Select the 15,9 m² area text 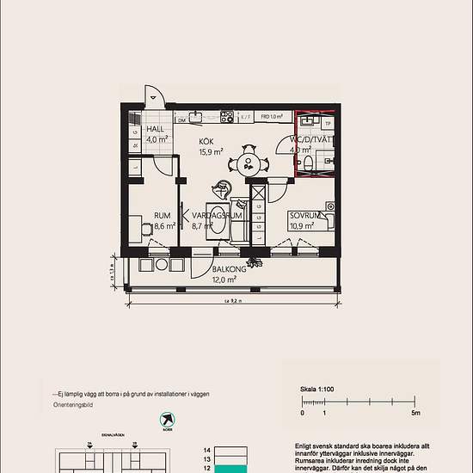212,152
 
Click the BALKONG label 230,269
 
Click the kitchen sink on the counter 197,116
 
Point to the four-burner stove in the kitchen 227,116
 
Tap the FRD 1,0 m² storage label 271,116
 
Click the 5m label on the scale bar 415,414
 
